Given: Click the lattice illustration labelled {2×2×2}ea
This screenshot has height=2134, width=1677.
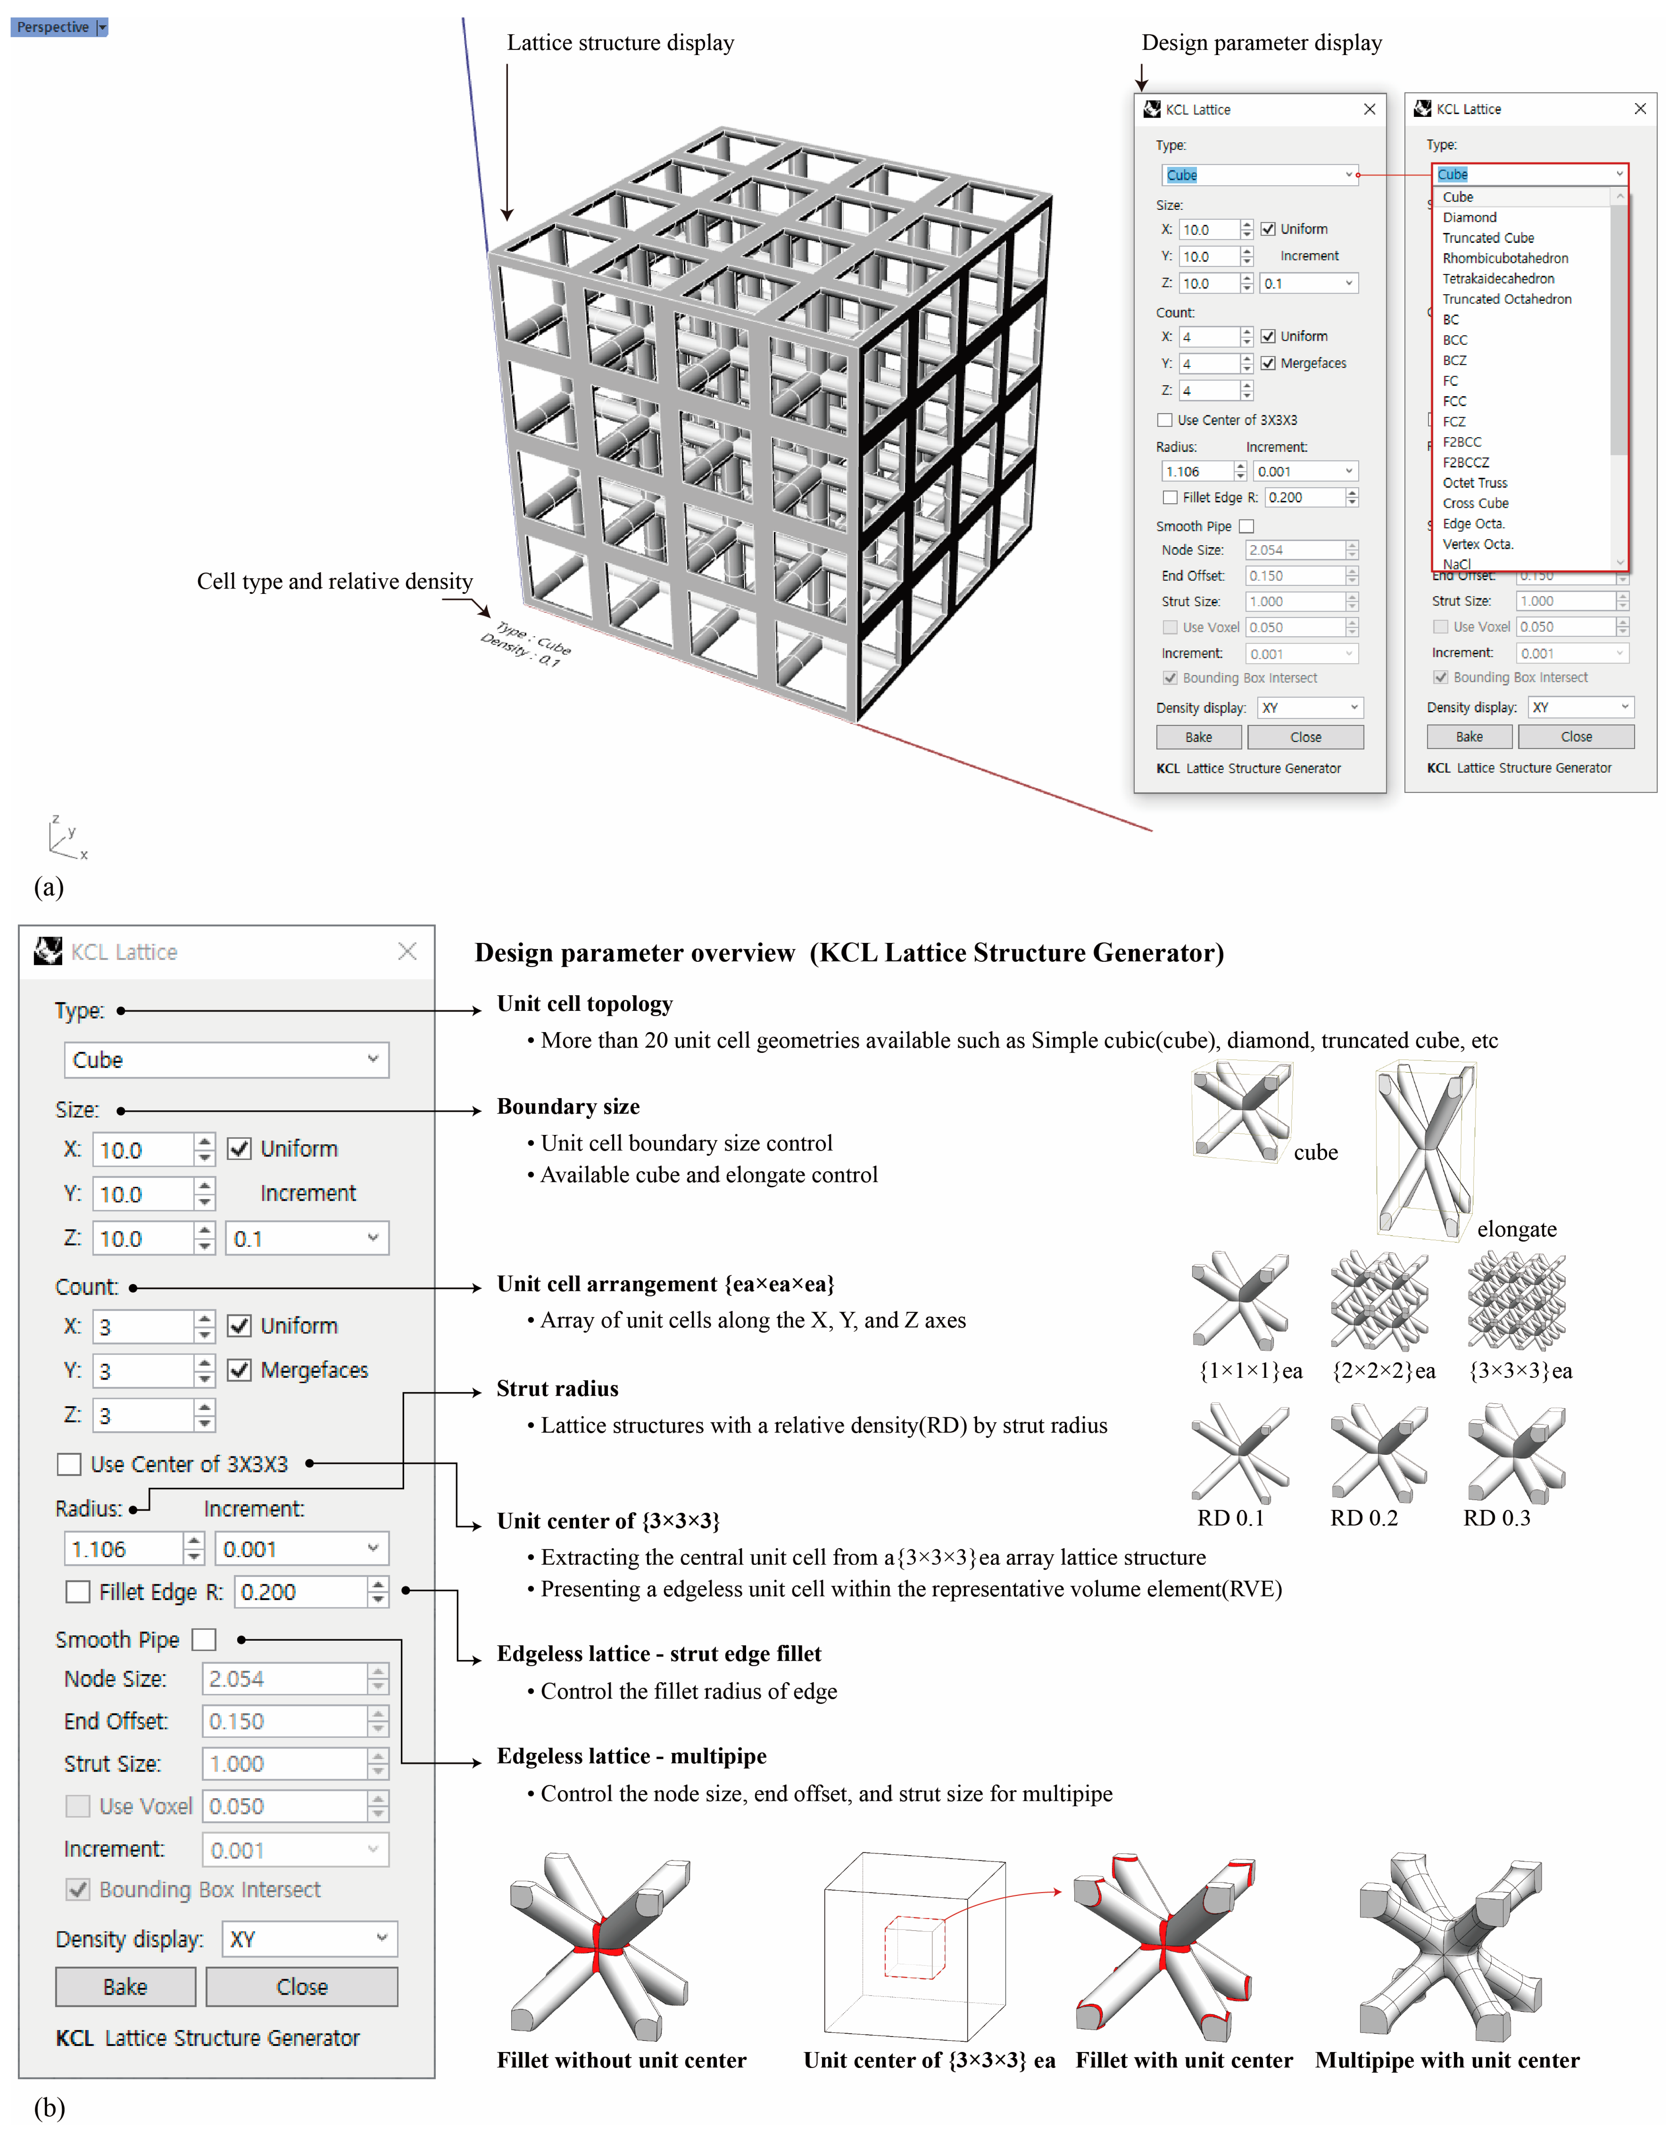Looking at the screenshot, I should (1381, 1301).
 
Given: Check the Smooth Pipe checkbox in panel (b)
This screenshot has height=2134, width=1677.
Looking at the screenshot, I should (204, 1639).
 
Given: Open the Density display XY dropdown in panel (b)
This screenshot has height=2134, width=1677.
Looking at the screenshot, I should (309, 1939).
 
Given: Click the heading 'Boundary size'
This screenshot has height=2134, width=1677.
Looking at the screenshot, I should (567, 1106).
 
